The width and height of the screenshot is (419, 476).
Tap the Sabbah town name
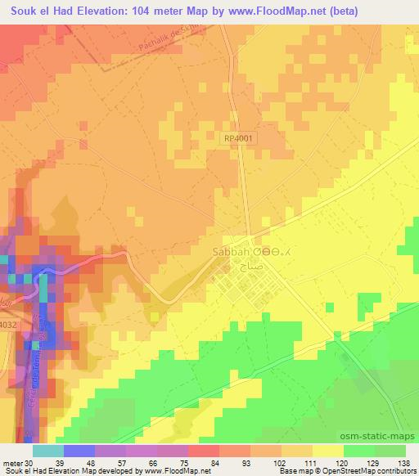point(230,253)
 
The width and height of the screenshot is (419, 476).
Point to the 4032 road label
point(7,325)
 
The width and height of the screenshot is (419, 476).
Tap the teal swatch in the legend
point(48,450)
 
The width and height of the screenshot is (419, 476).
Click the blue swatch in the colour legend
point(79,450)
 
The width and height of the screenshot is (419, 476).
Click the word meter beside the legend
point(12,463)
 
